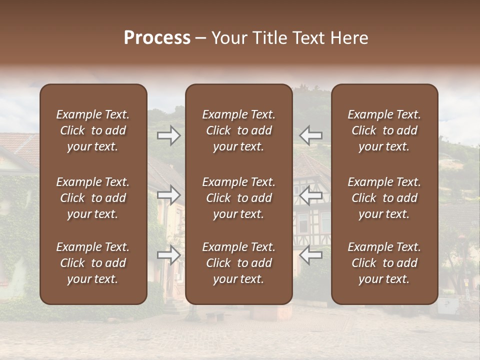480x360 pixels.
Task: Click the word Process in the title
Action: [x=157, y=38]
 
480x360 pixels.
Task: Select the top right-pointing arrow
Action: [x=169, y=135]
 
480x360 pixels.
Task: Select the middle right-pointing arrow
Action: [x=169, y=195]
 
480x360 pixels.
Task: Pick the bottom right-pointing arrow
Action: [x=169, y=255]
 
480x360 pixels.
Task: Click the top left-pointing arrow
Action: [x=311, y=135]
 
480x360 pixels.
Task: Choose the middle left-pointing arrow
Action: [x=311, y=195]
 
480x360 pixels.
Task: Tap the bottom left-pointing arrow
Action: [x=311, y=255]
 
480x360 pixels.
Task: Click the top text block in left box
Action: [x=93, y=130]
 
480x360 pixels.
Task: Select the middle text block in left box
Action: [x=93, y=198]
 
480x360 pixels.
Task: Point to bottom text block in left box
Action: [x=93, y=263]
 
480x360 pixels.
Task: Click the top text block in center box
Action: [x=239, y=130]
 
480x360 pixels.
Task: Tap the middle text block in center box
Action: [x=239, y=198]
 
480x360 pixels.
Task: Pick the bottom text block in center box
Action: [x=239, y=263]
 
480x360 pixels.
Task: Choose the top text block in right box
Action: [x=384, y=130]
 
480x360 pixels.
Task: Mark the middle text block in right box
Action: [x=384, y=198]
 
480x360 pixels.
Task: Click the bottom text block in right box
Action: [x=384, y=263]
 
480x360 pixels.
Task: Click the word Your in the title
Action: [x=229, y=38]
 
